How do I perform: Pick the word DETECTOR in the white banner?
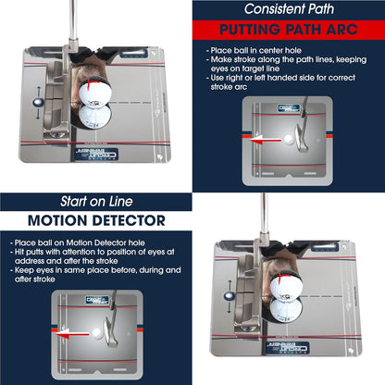click(x=130, y=221)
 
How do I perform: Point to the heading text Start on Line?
click(x=95, y=202)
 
